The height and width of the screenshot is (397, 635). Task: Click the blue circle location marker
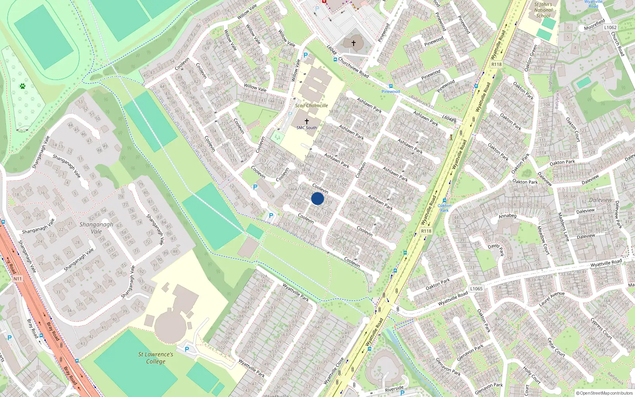click(317, 198)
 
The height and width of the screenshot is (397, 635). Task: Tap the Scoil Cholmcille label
click(311, 106)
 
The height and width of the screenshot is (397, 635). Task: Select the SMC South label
click(307, 128)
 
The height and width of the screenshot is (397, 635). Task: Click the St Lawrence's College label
click(156, 358)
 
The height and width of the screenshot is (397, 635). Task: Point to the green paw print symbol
click(23, 86)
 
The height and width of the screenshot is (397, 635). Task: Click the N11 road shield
click(17, 279)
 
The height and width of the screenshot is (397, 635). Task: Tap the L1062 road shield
click(610, 27)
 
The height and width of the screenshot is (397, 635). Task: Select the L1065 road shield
click(476, 289)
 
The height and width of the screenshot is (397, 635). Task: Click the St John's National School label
click(543, 10)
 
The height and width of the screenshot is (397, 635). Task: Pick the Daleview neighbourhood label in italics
click(600, 200)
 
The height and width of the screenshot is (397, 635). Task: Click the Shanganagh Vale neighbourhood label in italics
click(96, 228)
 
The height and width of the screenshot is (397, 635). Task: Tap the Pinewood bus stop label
click(391, 92)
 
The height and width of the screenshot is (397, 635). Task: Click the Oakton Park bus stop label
click(444, 208)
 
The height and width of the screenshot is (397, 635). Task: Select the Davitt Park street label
click(496, 249)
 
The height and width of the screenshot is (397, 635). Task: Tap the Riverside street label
click(394, 389)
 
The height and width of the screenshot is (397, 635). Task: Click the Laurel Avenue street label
click(552, 299)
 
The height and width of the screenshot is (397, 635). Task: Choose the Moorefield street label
click(595, 25)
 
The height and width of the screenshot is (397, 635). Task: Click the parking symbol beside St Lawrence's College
click(187, 350)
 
